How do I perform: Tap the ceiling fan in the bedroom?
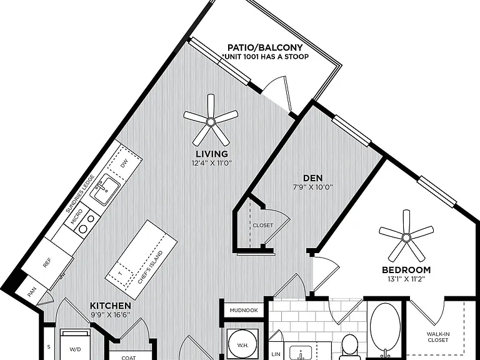[x=406, y=237]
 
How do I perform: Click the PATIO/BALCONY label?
[x=265, y=47]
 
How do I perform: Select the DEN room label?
[x=312, y=178]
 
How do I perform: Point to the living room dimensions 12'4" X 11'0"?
[x=212, y=163]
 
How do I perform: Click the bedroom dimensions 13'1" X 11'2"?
[x=406, y=279]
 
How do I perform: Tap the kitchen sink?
[x=104, y=189]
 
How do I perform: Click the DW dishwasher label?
[x=124, y=164]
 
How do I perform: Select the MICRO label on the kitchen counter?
[x=76, y=216]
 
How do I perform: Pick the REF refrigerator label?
[x=47, y=263]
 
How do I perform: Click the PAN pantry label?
[x=32, y=292]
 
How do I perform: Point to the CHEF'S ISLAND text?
[x=150, y=267]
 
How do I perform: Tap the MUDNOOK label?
[x=244, y=310]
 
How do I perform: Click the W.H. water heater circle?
[x=243, y=345]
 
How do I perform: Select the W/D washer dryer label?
[x=75, y=349]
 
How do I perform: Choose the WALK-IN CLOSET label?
[x=438, y=337]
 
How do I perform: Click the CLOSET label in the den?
[x=262, y=225]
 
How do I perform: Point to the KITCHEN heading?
[x=111, y=306]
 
